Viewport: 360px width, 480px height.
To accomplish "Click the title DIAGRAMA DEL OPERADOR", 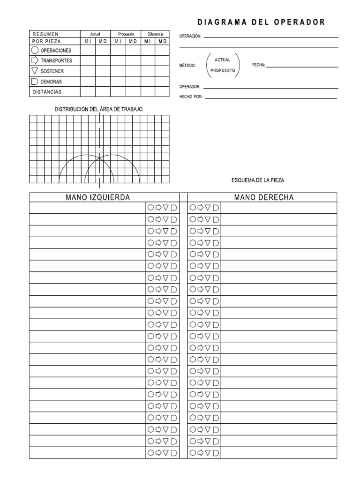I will pos(261,22).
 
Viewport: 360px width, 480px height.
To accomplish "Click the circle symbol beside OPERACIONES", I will pos(35,50).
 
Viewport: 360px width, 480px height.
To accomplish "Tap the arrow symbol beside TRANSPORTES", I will pos(35,60).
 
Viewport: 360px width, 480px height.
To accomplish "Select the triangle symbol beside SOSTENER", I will pos(35,71).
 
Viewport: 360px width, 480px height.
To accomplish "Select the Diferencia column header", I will pos(155,34).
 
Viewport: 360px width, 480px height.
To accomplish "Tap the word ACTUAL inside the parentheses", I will pos(222,60).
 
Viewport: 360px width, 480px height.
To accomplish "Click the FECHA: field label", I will pos(259,65).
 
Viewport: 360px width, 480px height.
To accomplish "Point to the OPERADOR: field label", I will pos(190,87).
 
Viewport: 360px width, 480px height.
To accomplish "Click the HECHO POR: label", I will pos(191,97).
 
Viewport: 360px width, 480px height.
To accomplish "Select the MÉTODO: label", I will pos(188,65).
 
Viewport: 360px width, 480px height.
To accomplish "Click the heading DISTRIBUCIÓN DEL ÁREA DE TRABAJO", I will pos(99,109).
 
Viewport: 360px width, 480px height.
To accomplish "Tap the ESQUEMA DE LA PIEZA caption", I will pos(258,180).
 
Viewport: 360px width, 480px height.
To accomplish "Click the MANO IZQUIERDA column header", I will pos(98,197).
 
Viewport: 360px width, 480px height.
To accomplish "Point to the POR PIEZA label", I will pos(46,41).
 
